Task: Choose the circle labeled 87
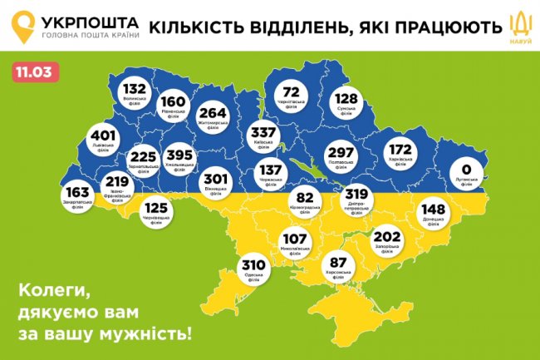coord(338,262)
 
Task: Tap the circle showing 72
coord(292,95)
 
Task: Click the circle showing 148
coord(433,211)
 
